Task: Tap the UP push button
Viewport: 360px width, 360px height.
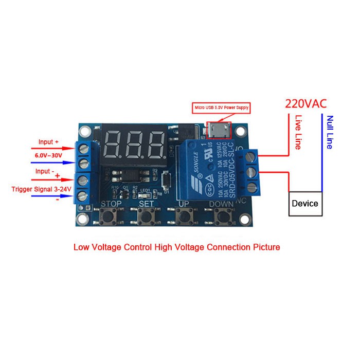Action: pyautogui.click(x=184, y=219)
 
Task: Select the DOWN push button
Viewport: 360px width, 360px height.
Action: pyautogui.click(x=222, y=219)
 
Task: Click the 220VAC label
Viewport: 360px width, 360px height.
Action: pyautogui.click(x=305, y=104)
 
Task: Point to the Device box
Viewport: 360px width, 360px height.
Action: pyautogui.click(x=305, y=203)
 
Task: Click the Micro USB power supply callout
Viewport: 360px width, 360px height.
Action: pyautogui.click(x=221, y=108)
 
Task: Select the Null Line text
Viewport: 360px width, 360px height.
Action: pyautogui.click(x=330, y=132)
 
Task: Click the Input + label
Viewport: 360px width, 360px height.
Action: pyautogui.click(x=49, y=141)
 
